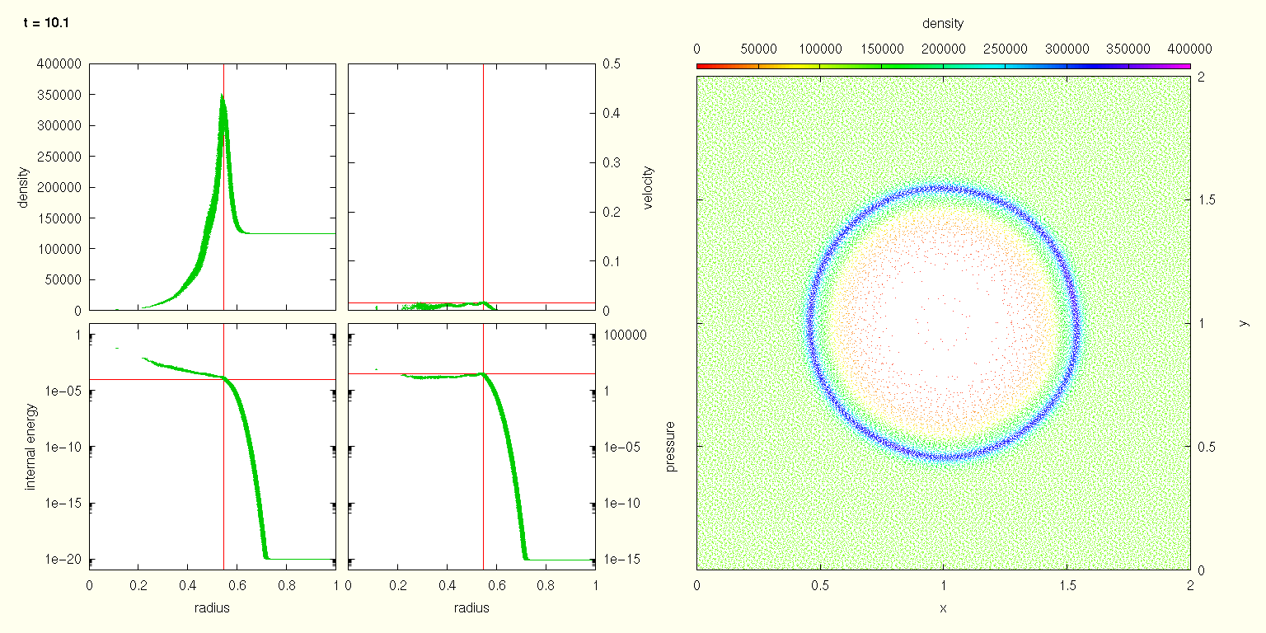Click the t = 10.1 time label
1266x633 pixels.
(x=46, y=23)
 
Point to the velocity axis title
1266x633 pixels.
(x=648, y=188)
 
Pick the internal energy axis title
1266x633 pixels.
(x=31, y=447)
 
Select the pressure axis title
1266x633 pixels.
(x=671, y=447)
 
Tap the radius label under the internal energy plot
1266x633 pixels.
(x=212, y=608)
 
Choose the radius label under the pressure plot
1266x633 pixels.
(x=471, y=608)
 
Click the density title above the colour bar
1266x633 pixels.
(x=943, y=24)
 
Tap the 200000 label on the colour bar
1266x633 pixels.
(x=943, y=48)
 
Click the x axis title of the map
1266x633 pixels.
(x=943, y=608)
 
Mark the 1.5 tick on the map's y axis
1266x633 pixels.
(x=1204, y=200)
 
